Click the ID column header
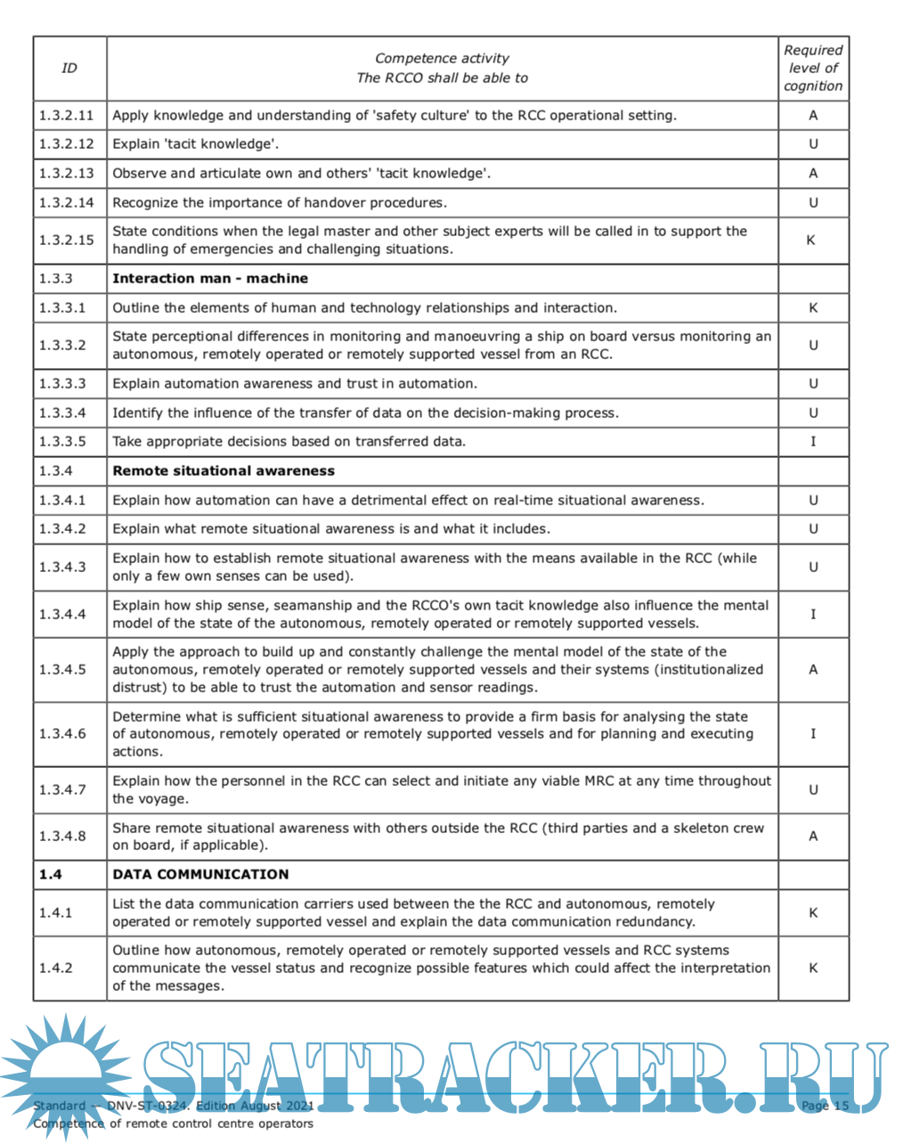[69, 68]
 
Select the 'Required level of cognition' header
[812, 68]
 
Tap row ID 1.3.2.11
[66, 115]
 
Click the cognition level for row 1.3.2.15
[811, 240]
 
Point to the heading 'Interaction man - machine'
[210, 278]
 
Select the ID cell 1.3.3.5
[62, 441]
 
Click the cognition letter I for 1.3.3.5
[812, 441]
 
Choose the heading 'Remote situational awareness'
[224, 470]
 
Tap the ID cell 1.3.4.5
[62, 669]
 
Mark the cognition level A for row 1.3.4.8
[812, 836]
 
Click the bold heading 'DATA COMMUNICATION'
[200, 874]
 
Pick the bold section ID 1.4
[51, 874]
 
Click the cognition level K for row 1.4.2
[812, 968]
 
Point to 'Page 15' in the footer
[826, 1106]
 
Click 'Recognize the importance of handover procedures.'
[280, 202]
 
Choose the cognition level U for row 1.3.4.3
[812, 567]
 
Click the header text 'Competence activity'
[442, 58]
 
